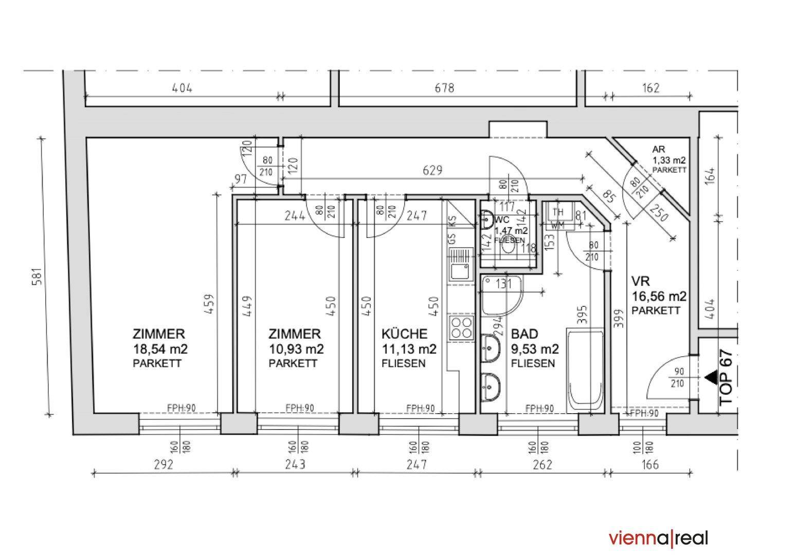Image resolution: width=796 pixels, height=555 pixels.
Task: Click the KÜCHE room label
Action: pos(404,334)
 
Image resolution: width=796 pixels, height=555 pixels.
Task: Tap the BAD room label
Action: pos(523,334)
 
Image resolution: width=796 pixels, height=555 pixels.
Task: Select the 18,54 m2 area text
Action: pos(160,349)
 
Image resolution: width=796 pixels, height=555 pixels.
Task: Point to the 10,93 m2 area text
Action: pos(296,349)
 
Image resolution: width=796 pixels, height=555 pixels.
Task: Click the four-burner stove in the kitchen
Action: pos(461,327)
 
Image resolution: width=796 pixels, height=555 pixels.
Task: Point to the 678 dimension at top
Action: pos(444,88)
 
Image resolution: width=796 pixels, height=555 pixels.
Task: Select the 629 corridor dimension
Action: pos(432,170)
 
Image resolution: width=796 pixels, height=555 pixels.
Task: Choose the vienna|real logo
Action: pos(659,538)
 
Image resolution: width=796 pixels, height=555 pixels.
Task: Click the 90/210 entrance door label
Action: pos(678,377)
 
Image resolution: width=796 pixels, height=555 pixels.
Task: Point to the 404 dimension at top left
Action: pos(182,88)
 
